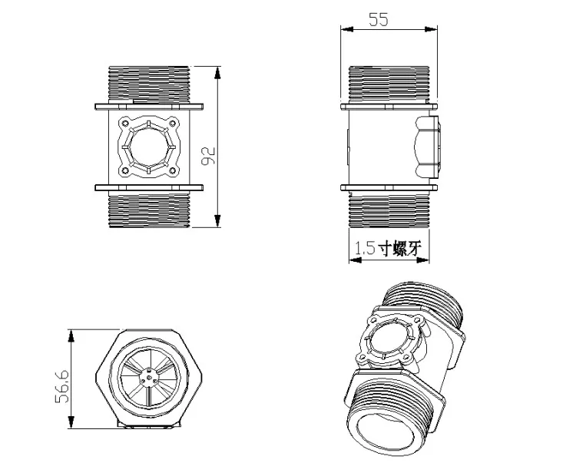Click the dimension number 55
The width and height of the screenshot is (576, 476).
click(378, 20)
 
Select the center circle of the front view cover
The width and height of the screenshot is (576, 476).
click(147, 146)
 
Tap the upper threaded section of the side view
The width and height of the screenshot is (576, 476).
click(389, 83)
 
